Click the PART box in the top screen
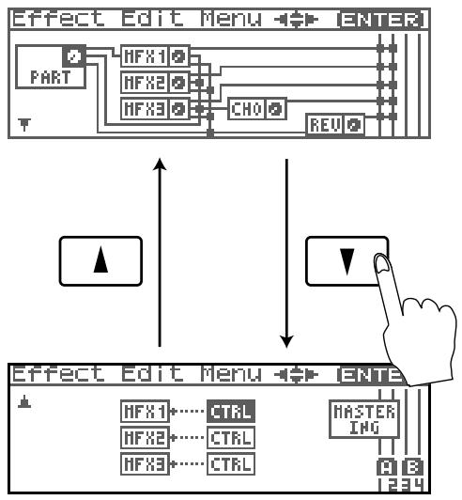coord(51,67)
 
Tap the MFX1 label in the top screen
coord(145,56)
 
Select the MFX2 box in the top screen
coord(155,83)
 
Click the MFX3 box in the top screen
coord(155,109)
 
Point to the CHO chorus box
coord(257,109)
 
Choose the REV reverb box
coord(335,124)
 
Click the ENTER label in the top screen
coord(382,20)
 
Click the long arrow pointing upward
coord(160,252)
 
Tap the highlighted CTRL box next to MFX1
coord(231,412)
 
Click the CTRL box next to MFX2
coord(231,438)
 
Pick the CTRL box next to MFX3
coord(231,463)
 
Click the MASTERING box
coord(364,419)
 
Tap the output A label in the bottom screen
coord(387,468)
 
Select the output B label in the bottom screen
coord(412,468)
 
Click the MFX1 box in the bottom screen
coord(145,412)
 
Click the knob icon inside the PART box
coord(74,56)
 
